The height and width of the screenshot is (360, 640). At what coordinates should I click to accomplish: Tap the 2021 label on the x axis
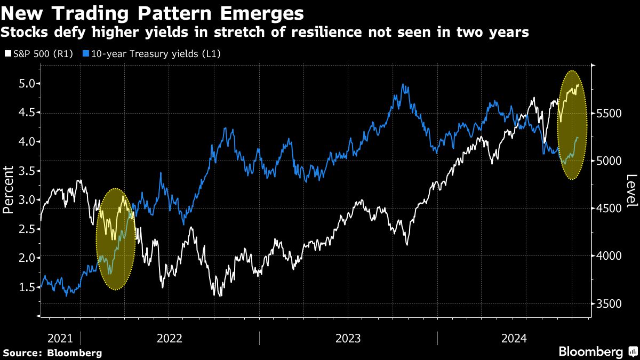pyautogui.click(x=60, y=338)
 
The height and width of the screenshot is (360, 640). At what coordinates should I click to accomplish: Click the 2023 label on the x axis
pyautogui.click(x=348, y=338)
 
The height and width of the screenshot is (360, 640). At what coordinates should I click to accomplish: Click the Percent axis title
pyautogui.click(x=9, y=189)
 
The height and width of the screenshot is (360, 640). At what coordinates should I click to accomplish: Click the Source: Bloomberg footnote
pyautogui.click(x=52, y=353)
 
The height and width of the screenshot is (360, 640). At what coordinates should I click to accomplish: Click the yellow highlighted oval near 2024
pyautogui.click(x=572, y=125)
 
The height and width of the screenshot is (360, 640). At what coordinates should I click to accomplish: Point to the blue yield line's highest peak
pyautogui.click(x=404, y=85)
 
